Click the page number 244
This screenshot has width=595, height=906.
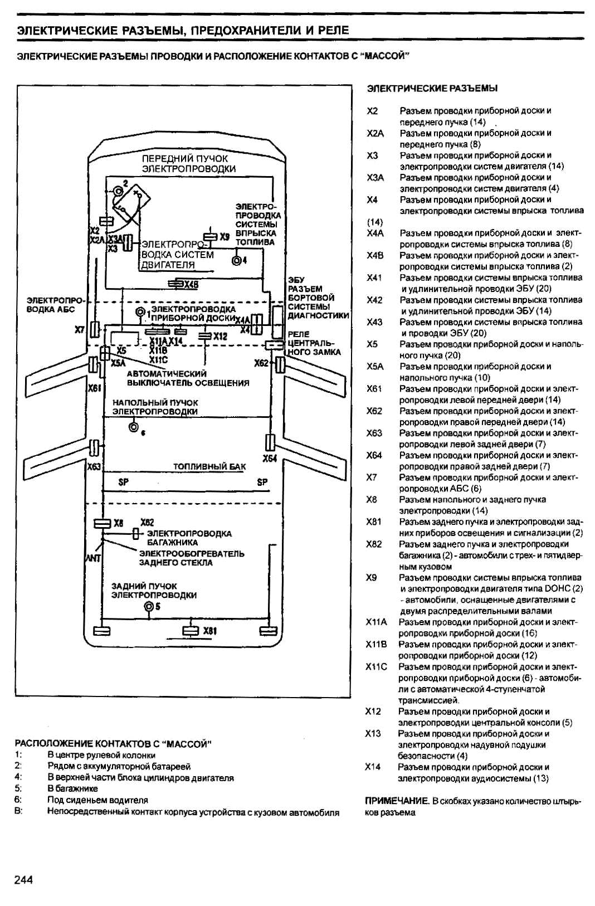[x=23, y=880]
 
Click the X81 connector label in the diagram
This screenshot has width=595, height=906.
[x=210, y=631]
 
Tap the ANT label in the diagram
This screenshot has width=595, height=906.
[x=92, y=557]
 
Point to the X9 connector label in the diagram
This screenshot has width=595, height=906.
[x=225, y=236]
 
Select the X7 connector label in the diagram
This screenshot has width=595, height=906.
[x=80, y=330]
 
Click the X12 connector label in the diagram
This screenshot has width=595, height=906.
[x=221, y=337]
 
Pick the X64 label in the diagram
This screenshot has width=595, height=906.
[x=270, y=459]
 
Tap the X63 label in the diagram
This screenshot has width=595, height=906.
[x=94, y=466]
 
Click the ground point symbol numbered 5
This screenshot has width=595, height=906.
[x=149, y=607]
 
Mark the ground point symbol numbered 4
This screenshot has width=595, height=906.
[x=237, y=260]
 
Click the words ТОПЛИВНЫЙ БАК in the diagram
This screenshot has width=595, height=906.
[x=209, y=466]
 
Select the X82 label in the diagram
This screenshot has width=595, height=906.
[x=147, y=523]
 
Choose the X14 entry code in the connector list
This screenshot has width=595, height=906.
[x=373, y=767]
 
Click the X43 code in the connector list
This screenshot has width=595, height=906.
[x=374, y=322]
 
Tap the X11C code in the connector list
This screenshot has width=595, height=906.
[x=375, y=666]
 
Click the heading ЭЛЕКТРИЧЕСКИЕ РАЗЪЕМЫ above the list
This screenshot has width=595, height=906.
[x=432, y=88]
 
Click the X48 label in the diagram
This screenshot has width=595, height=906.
[x=191, y=285]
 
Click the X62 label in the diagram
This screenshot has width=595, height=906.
[x=261, y=363]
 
